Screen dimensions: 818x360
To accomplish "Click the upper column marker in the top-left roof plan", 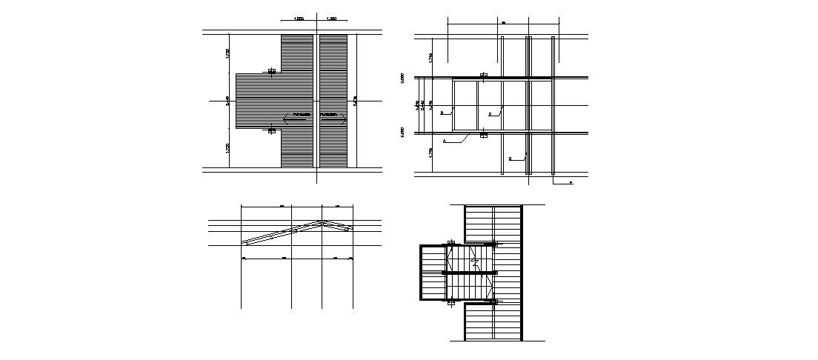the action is coord(272,72).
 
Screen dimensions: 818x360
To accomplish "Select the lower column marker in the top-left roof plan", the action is coord(272,130).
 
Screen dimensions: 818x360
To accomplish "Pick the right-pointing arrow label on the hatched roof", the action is coord(333,116).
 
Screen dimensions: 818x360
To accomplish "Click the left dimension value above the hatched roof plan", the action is coord(299,18).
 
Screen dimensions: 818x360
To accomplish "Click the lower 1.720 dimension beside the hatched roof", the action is coord(227,148).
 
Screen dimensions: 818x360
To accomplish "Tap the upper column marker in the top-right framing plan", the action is coord(483,76).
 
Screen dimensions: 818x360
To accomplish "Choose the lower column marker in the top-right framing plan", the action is coord(483,135).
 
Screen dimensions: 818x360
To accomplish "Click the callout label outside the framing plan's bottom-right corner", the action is coord(571,182).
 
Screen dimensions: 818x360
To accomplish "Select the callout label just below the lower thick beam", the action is coord(445,140).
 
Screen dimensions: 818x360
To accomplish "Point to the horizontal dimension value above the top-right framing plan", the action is coord(503,23).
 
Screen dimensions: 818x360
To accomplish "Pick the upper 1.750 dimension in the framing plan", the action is coord(430,56).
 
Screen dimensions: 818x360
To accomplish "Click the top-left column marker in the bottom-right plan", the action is coord(450,243).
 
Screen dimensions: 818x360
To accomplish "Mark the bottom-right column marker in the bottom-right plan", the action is coord(494,301).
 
